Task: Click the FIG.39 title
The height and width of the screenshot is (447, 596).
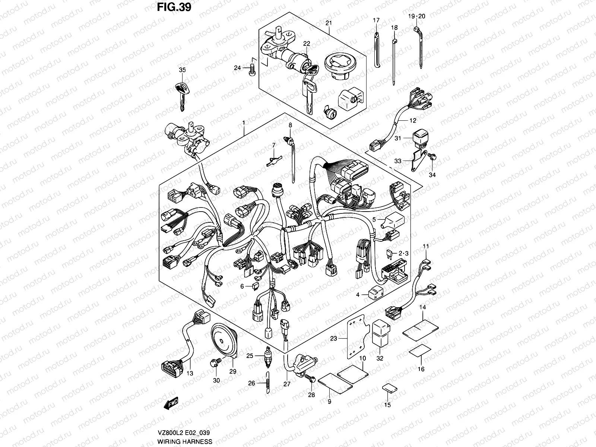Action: (x=174, y=7)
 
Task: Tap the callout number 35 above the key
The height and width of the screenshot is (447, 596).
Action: (x=182, y=70)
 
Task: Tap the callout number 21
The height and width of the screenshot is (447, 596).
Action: (x=328, y=23)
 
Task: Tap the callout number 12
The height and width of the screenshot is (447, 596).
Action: (x=413, y=120)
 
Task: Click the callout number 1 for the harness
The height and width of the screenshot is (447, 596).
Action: (x=243, y=123)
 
